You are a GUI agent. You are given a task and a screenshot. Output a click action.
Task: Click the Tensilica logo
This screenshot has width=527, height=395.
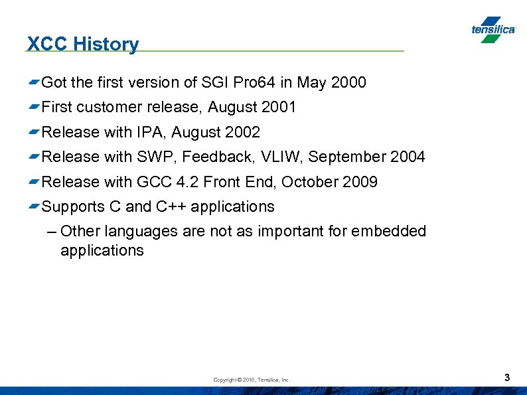point(493,30)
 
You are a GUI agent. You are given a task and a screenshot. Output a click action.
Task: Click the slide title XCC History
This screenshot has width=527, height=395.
point(83,44)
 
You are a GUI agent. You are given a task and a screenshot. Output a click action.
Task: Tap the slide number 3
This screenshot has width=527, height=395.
point(507,378)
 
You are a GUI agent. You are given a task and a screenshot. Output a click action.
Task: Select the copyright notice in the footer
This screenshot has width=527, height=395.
point(252,380)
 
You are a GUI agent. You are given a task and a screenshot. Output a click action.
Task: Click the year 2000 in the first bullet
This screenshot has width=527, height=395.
point(348,82)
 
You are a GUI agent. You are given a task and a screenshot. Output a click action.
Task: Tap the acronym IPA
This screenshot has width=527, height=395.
point(149,132)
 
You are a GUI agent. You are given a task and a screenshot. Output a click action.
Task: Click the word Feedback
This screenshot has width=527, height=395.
point(217,157)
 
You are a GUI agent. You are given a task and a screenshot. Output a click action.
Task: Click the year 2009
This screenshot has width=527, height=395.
point(360,182)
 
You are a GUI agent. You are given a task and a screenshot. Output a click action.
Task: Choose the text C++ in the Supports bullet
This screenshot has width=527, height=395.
point(172,206)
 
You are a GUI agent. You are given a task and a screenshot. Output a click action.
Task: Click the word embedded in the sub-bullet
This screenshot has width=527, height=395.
point(388,231)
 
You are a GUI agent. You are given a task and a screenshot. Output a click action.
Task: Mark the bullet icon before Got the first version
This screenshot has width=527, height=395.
point(33,82)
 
